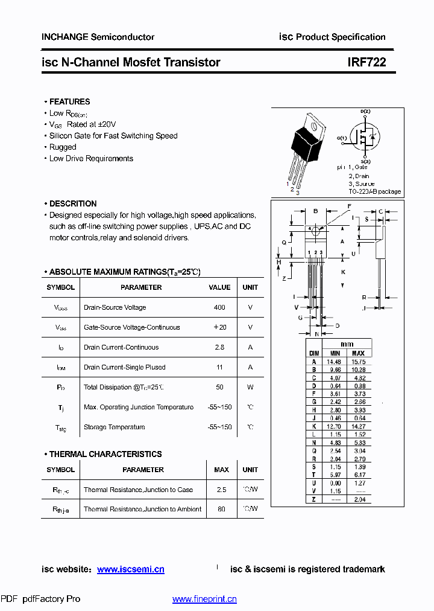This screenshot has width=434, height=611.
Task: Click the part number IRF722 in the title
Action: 366,62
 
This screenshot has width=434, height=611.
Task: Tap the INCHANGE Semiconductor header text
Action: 98,37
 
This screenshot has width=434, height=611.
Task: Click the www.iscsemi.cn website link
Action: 130,569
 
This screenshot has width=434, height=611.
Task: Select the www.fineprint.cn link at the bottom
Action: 204,599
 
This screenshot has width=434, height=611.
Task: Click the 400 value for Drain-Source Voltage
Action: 219,307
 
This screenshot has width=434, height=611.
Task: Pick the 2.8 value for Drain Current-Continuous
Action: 219,347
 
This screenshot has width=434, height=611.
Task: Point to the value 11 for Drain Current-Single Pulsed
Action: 219,367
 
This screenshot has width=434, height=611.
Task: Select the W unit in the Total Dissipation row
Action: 250,387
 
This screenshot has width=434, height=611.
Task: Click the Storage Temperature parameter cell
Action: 115,427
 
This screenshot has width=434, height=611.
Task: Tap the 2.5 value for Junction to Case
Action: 221,490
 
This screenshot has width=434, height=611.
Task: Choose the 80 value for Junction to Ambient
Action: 221,509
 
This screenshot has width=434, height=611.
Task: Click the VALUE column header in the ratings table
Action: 219,287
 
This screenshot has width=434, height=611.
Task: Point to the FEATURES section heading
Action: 69,101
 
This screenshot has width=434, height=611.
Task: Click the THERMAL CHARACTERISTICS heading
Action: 105,454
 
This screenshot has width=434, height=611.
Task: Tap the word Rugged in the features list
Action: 63,147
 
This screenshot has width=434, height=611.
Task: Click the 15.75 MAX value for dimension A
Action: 358,362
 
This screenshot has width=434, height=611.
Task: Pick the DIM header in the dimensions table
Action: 313,353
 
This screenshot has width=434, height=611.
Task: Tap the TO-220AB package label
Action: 374,191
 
